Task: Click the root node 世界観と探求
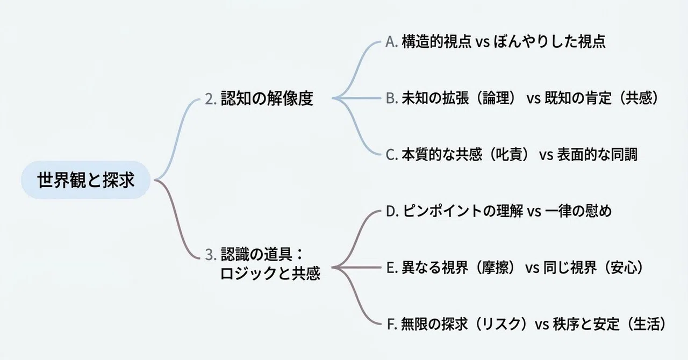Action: [x=85, y=179]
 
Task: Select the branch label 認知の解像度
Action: [x=267, y=98]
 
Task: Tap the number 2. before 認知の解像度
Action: [x=211, y=99]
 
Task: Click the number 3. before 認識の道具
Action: [x=211, y=255]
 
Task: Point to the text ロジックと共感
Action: [x=270, y=273]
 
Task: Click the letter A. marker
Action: [x=392, y=42]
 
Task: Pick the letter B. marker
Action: [x=392, y=98]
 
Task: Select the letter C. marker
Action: [x=392, y=155]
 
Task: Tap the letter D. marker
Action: [x=392, y=211]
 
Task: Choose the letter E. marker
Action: [x=392, y=268]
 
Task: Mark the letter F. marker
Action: [x=392, y=325]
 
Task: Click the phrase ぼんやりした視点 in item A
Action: [x=550, y=42]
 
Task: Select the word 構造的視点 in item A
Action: [x=436, y=42]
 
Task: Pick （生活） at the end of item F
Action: [x=647, y=325]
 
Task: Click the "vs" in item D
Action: [x=534, y=212]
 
